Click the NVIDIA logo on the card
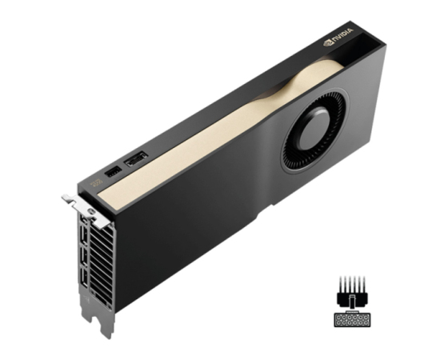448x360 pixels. tap(338, 37)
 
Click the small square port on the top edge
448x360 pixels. tap(114, 172)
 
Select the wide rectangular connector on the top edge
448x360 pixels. tap(136, 159)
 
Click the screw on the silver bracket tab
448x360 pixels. tap(91, 212)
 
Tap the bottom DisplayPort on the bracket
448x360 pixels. tap(84, 277)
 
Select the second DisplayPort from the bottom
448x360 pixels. tap(84, 255)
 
